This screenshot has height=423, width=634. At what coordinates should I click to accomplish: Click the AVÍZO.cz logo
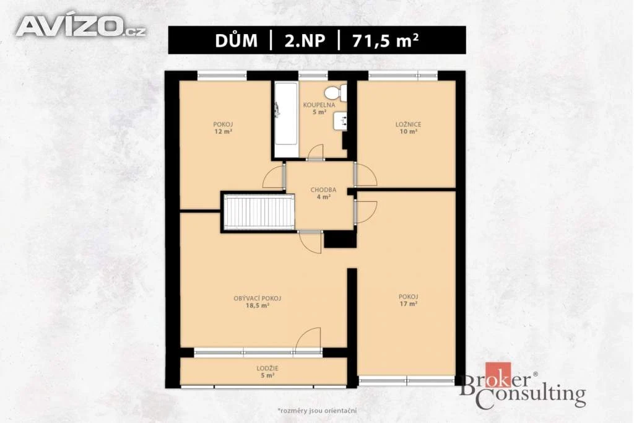[81, 27]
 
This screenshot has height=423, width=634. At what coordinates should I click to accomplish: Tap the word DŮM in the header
[236, 40]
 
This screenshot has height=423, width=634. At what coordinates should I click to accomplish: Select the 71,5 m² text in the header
[385, 40]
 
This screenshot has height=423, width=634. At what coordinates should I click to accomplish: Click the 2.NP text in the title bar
[305, 40]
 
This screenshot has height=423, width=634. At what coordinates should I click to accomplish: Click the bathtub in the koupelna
[286, 120]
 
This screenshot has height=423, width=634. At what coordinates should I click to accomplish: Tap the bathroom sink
[340, 121]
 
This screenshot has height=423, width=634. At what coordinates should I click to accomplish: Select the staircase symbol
[259, 212]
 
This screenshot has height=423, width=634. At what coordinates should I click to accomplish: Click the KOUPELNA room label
[319, 105]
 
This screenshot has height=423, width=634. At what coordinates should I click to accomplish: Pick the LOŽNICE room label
[408, 124]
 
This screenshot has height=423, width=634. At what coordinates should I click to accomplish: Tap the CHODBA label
[323, 190]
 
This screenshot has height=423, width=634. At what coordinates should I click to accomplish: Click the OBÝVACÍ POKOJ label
[257, 299]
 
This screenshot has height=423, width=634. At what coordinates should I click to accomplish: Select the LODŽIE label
[267, 368]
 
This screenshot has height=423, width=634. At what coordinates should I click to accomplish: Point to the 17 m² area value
[409, 303]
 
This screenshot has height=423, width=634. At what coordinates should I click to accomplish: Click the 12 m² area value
[223, 131]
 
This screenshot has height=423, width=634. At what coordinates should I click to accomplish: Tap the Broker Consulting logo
[523, 386]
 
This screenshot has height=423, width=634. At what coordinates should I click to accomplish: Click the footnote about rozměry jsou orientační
[317, 411]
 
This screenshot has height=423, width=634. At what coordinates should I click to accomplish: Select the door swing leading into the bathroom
[315, 152]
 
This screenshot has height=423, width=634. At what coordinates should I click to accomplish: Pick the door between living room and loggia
[308, 340]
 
